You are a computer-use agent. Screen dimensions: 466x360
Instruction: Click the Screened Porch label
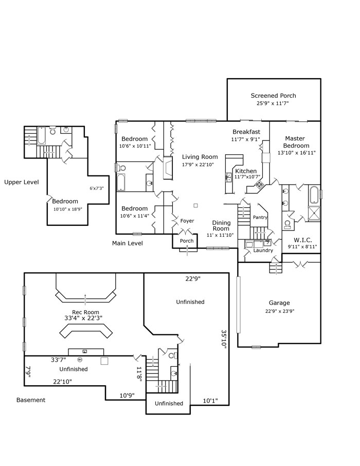(273, 96)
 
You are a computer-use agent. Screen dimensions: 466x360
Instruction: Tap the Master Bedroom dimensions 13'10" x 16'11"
(296, 153)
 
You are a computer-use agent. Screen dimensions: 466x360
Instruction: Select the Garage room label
(279, 303)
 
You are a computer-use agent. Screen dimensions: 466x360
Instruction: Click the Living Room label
(200, 157)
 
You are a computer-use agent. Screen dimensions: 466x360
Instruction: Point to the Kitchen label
(245, 171)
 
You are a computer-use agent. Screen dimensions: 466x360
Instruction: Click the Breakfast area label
(246, 132)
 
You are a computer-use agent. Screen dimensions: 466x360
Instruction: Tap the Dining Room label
(221, 225)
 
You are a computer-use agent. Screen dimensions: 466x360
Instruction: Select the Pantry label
(260, 218)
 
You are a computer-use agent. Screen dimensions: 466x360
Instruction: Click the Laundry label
(263, 250)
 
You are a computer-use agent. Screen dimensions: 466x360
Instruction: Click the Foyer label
(187, 221)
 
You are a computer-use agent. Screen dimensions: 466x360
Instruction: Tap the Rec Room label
(85, 312)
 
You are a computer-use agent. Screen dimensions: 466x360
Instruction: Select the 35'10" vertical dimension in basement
(224, 339)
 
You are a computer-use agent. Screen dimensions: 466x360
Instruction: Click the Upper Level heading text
(21, 182)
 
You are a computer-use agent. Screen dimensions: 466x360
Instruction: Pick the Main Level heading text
(127, 243)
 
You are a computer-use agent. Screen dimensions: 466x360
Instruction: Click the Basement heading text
(30, 400)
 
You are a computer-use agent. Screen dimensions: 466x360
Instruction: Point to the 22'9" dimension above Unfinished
(193, 279)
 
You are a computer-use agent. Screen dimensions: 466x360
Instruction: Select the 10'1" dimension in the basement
(210, 401)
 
